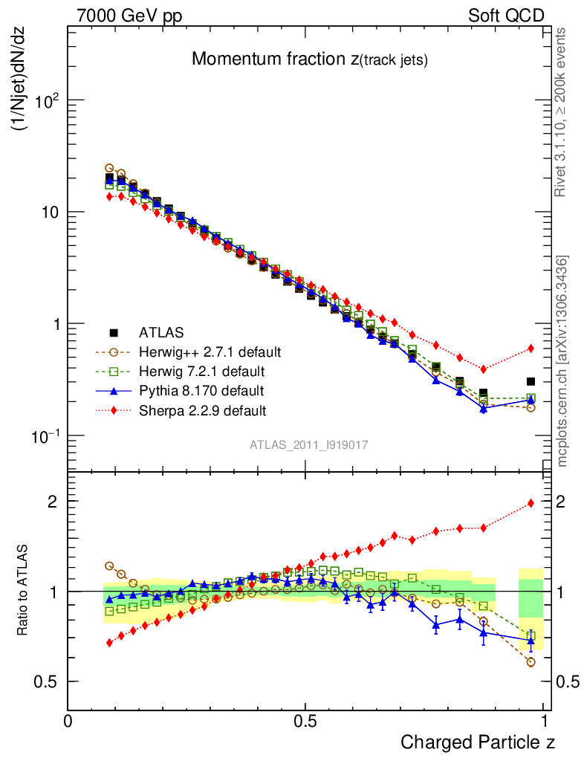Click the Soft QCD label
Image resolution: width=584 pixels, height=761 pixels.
point(506,16)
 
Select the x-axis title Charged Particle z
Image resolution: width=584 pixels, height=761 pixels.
point(478,741)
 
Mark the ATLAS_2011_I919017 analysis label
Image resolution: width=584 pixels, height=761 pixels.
point(309,444)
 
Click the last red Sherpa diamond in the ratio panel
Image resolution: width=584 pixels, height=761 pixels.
point(531,503)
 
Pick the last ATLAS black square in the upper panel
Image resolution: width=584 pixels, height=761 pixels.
point(531,381)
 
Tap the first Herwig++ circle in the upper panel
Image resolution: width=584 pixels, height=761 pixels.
point(109,168)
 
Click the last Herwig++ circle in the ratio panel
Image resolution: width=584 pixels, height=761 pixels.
point(531,661)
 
